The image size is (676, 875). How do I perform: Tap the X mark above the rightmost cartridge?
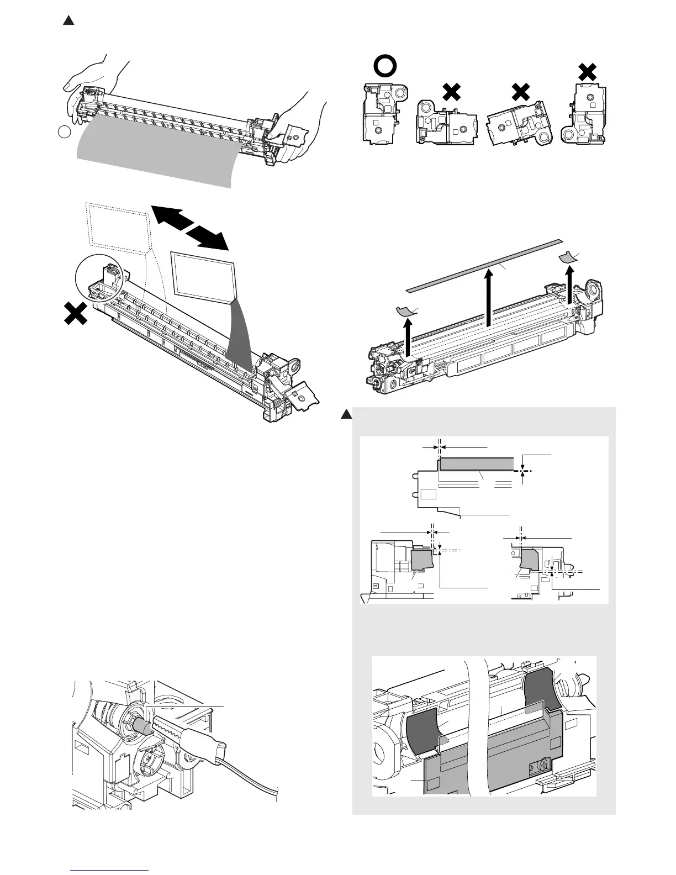[587, 71]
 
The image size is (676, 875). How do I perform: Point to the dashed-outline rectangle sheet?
[118, 226]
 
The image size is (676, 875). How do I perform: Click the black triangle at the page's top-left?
[68, 21]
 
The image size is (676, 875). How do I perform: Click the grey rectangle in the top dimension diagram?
[479, 463]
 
